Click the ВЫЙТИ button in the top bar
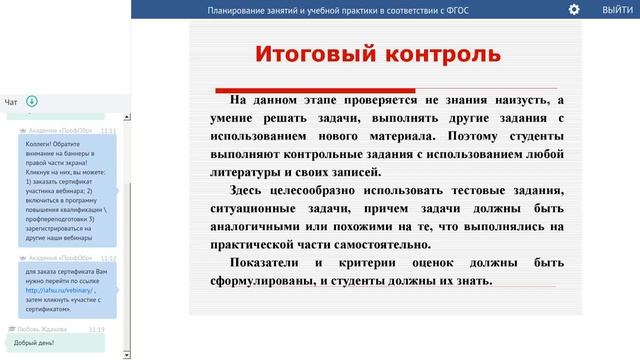click(616, 9)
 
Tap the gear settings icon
click(574, 9)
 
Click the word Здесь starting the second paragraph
click(250, 190)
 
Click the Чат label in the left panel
click(11, 102)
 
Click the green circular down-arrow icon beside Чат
click(32, 101)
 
